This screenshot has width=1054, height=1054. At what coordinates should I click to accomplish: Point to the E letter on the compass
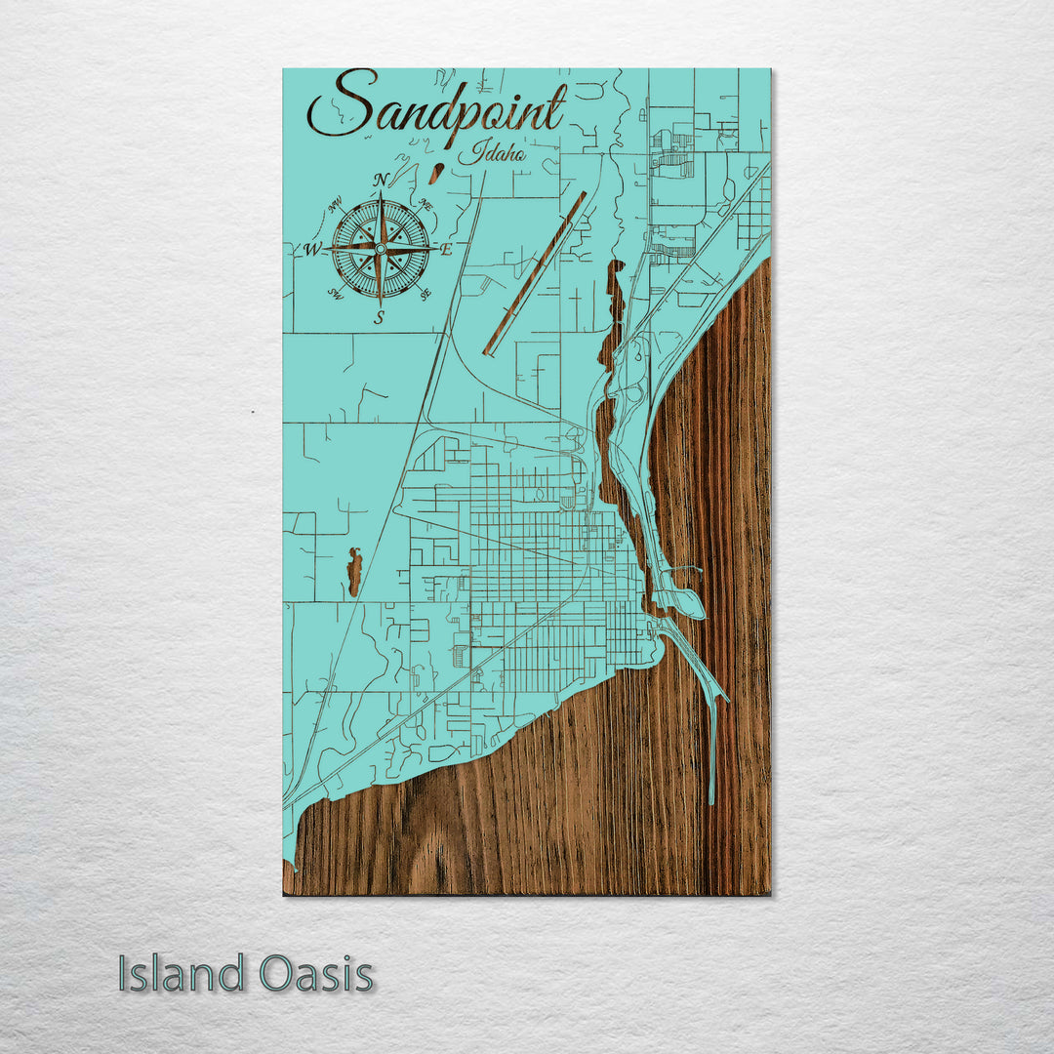click(446, 250)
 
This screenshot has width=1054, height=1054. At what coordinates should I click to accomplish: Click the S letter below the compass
click(380, 316)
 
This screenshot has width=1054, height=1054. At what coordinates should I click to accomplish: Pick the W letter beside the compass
click(312, 249)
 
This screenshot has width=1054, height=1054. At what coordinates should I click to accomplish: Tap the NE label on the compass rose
click(426, 203)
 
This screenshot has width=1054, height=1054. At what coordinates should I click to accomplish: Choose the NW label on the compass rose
click(336, 205)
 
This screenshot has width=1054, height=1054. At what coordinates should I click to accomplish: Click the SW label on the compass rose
click(335, 294)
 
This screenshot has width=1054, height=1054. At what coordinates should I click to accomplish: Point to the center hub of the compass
click(380, 249)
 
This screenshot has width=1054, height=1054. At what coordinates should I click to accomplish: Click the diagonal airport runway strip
click(535, 273)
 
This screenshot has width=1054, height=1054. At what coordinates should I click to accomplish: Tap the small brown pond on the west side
click(354, 572)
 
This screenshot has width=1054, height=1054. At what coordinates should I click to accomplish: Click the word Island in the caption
click(182, 974)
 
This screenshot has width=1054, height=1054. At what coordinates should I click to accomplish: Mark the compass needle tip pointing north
click(380, 193)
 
